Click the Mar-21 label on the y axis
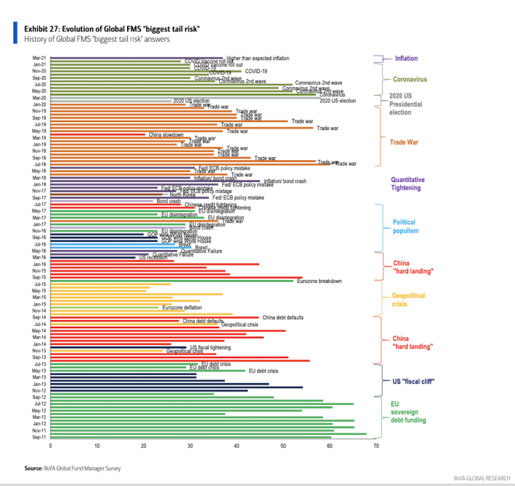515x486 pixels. (x=38, y=57)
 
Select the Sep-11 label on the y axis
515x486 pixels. (x=38, y=437)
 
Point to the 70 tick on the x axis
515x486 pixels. (x=375, y=444)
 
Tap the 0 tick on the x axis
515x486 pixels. (x=50, y=444)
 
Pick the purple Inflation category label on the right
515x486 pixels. (x=406, y=58)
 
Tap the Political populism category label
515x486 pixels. (x=405, y=227)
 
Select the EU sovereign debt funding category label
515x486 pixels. (x=408, y=411)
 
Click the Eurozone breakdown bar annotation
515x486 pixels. (x=319, y=281)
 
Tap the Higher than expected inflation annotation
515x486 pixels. (x=257, y=58)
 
